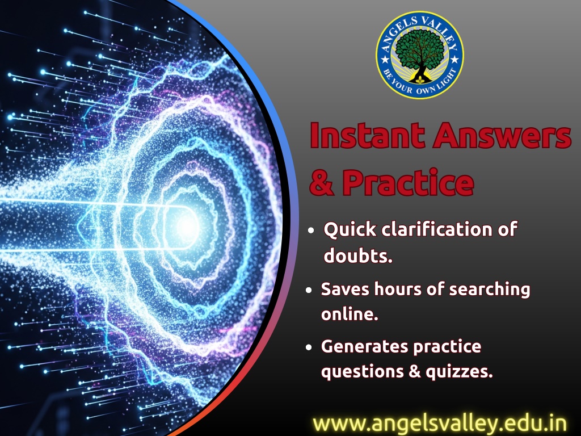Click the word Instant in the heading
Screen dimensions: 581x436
367,135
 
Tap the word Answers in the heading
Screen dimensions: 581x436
502,135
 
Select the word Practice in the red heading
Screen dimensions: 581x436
408,182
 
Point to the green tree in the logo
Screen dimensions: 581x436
419,52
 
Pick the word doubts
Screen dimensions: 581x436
358,255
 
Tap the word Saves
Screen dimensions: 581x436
345,289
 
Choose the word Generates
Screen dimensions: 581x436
364,347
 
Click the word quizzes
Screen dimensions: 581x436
459,371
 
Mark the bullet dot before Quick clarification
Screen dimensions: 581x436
311,230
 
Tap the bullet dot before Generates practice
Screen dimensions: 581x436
309,348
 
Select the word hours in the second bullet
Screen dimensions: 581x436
398,289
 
